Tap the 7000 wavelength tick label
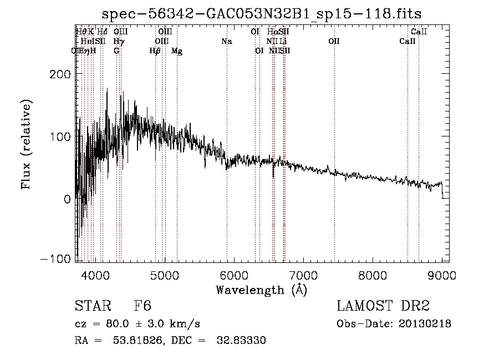303,274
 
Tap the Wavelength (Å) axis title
261,290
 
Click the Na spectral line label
226,41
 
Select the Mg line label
177,50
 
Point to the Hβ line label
155,50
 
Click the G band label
116,50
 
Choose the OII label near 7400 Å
334,41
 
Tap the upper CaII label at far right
419,32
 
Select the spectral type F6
142,306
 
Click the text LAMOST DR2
383,306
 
